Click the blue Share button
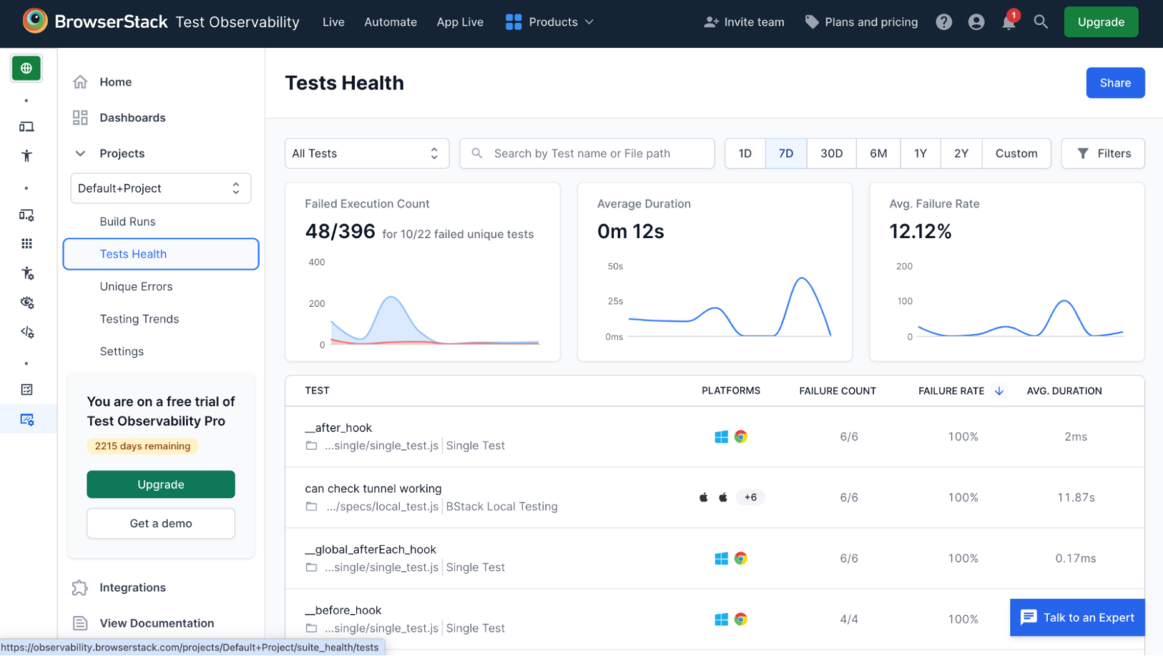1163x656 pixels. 1115,83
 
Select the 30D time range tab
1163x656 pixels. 831,153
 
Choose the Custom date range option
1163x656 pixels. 1015,153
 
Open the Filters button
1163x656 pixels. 1102,153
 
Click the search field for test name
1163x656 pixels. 587,153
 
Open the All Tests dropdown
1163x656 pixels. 366,153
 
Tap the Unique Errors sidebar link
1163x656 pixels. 136,286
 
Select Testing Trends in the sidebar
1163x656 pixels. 139,319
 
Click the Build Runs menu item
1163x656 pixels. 127,221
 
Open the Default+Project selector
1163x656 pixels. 161,188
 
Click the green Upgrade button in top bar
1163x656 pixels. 1100,22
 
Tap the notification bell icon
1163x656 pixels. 1009,22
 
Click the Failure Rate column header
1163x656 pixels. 951,391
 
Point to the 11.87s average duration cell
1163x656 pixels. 1075,498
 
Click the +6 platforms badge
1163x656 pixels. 750,498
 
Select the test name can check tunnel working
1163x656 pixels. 373,489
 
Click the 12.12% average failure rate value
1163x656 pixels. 920,231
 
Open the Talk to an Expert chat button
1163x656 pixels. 1077,617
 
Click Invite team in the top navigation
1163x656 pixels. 744,22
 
